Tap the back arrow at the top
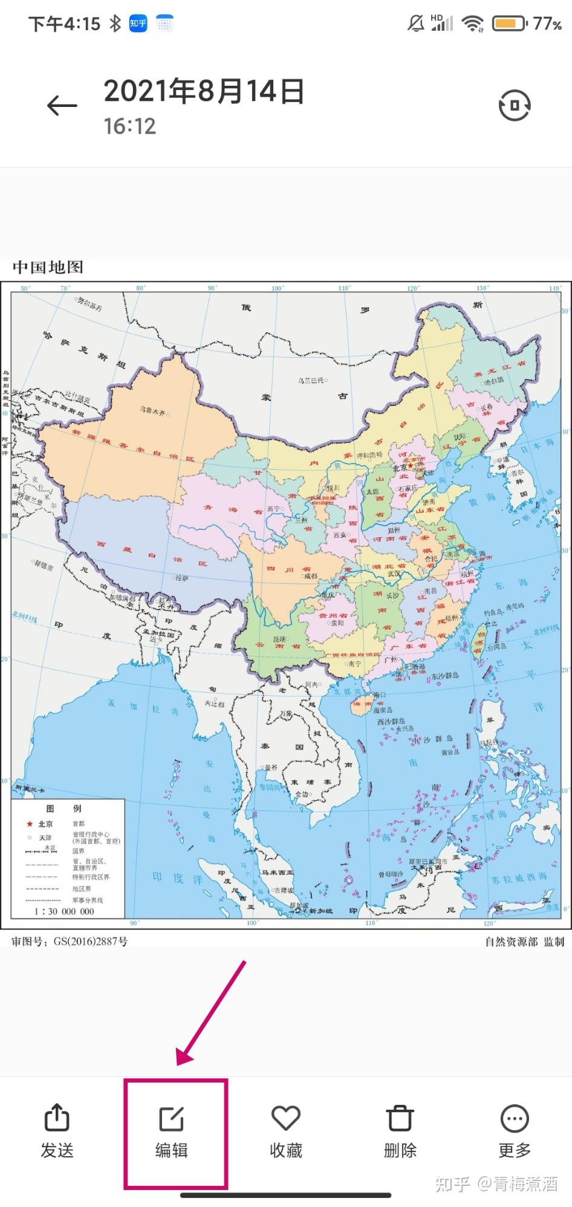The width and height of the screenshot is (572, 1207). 62,106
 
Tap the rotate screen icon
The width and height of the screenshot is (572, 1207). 514,105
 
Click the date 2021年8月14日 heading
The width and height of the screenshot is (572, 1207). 204,91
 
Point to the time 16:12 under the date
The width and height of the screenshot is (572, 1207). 129,126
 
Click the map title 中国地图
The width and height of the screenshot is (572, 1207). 48,267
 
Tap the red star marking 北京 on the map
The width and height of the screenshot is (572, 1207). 410,465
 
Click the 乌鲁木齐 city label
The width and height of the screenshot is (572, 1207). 152,411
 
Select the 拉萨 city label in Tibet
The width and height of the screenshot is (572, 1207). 181,578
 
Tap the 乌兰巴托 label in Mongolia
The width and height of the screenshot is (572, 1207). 311,380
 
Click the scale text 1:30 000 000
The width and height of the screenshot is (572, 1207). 64,911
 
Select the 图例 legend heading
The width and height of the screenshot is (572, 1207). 63,808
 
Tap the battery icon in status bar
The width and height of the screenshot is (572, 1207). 509,24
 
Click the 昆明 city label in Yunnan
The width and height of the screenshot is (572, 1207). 280,639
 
